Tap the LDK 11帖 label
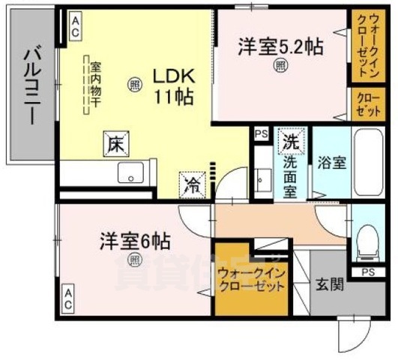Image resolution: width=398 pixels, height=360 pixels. coord(175,85)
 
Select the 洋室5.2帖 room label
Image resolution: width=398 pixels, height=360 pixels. coord(280,46)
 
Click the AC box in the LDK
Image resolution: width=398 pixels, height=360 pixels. coord(76,28)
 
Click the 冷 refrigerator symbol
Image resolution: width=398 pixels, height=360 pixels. coord(191,181)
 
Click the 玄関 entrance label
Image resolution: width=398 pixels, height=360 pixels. coord(328,285)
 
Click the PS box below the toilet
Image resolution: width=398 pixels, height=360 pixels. coord(369,271)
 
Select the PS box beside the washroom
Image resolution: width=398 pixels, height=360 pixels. coord(260,134)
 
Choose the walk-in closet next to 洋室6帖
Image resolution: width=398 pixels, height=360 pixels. coord(251,279)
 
